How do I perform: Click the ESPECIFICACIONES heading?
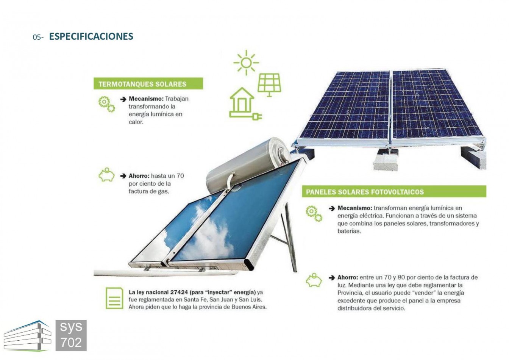91,36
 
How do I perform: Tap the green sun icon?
246,63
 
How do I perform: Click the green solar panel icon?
269,85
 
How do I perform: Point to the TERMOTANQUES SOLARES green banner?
148,83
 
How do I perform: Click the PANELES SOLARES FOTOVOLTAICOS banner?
394,191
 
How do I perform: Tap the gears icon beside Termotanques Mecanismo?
106,104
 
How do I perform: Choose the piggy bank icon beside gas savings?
106,175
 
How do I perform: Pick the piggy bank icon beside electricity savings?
314,280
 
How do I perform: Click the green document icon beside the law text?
114,298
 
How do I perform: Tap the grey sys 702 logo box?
71,335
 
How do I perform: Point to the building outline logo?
27,336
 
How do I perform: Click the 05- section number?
38,37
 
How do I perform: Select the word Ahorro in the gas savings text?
139,176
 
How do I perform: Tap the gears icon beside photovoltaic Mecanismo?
314,213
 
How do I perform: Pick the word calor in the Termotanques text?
136,122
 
